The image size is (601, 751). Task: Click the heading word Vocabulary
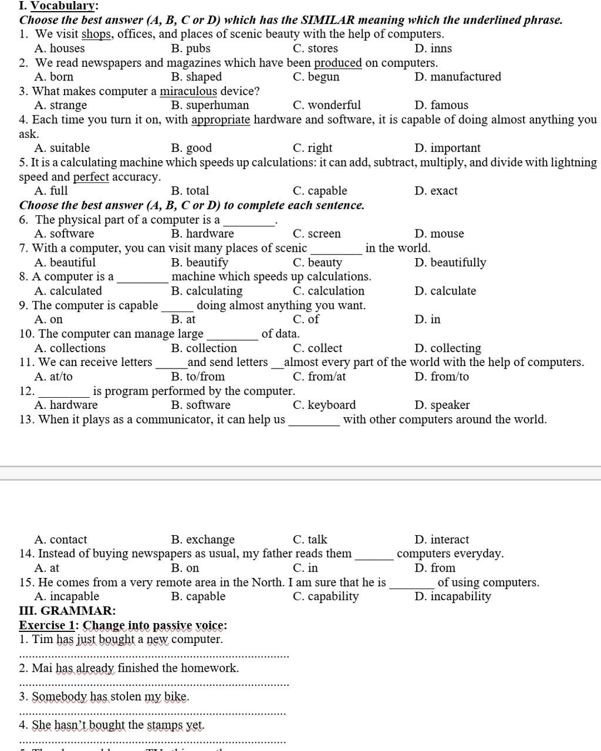coord(63,6)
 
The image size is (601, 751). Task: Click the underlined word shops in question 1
coord(96,34)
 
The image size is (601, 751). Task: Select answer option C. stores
coord(315,49)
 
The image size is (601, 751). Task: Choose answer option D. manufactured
coord(458,77)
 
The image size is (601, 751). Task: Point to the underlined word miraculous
coord(188,92)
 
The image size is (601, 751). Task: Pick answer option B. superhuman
coord(210,106)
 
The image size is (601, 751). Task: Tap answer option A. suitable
coord(62,148)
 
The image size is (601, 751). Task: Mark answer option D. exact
coord(435,191)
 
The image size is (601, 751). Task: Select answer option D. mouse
coord(439,234)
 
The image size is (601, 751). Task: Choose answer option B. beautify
coord(200,263)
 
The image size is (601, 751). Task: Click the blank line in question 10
coord(232,337)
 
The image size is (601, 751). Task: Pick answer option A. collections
coord(70,349)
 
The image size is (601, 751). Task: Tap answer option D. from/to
coord(441,377)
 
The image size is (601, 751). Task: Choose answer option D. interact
coord(441,540)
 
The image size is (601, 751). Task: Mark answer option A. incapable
coord(67,597)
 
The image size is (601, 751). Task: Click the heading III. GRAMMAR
coord(67,611)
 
